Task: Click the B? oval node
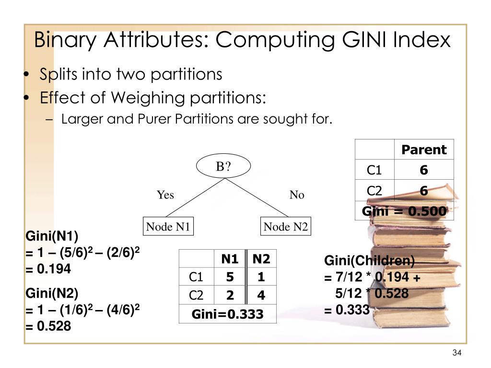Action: click(223, 167)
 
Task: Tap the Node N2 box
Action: click(285, 227)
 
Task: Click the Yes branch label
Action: click(165, 195)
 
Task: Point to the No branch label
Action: click(297, 195)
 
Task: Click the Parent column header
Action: click(424, 150)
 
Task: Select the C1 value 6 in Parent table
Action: click(424, 171)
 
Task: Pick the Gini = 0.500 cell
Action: click(404, 211)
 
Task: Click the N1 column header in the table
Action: click(230, 259)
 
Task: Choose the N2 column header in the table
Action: click(261, 259)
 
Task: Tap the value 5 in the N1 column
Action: click(230, 277)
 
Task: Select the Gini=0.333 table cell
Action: click(228, 314)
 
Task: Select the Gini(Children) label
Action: click(369, 261)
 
